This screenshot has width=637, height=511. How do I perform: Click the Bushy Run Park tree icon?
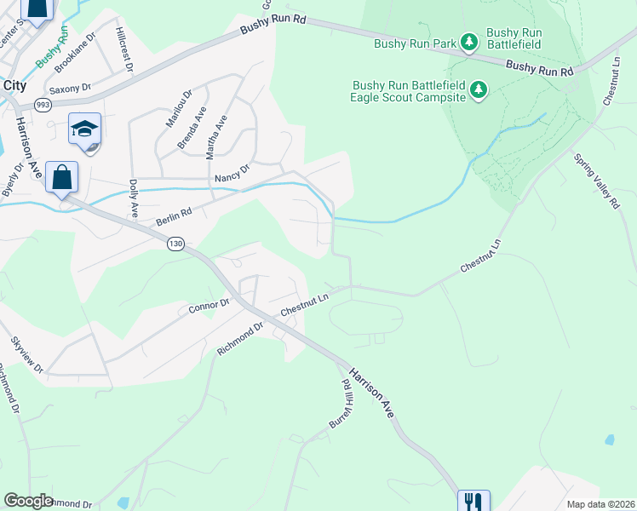coord(468,41)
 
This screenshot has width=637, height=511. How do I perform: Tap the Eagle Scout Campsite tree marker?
coord(479,89)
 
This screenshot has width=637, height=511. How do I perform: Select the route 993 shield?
coord(42,104)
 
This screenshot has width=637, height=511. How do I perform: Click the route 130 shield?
coord(176,244)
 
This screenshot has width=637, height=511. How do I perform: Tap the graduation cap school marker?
coord(85,129)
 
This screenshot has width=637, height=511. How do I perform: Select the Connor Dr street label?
coord(209,304)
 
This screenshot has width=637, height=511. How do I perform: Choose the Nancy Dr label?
coord(232,174)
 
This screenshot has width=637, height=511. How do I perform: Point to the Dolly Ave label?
coord(133,198)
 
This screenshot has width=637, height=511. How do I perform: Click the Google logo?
coord(28,501)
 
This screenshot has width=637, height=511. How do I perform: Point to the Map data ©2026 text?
coord(600,504)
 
